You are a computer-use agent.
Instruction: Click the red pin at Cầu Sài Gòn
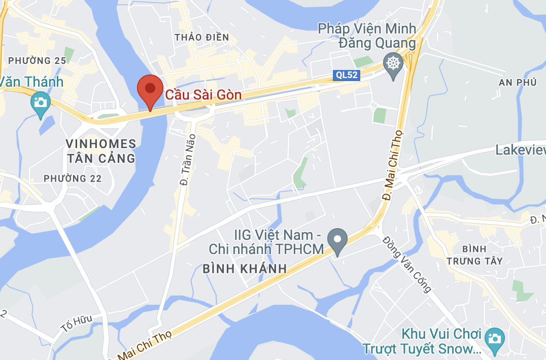coord(150,90)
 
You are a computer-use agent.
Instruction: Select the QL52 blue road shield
coord(347,76)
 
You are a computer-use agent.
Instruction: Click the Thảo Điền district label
coord(201,37)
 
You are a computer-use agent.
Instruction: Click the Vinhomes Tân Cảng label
coord(101,151)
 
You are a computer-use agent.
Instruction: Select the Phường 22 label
coord(73,178)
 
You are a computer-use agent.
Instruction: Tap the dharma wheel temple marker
coord(393,64)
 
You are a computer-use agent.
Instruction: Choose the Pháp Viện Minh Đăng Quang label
coord(367,35)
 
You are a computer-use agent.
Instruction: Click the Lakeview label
coord(520,150)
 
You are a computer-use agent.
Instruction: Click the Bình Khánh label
coord(245,269)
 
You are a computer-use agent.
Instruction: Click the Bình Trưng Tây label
coord(475,255)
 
